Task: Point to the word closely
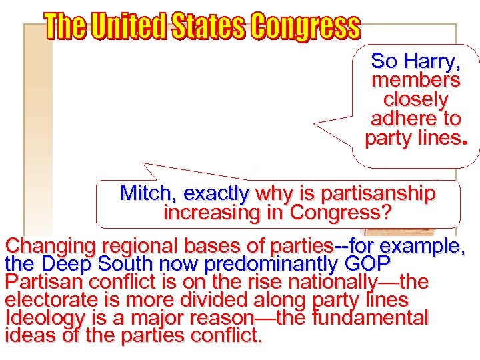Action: tap(415, 99)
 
